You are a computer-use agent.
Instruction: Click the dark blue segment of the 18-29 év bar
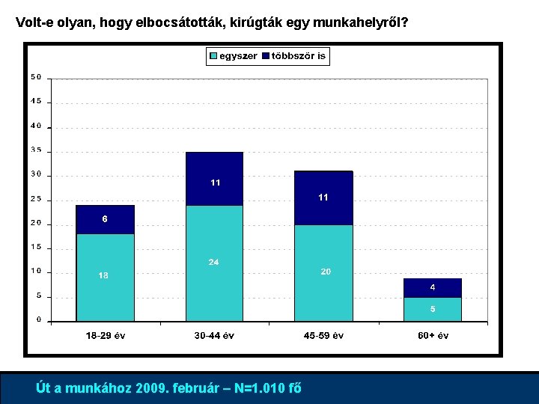pos(105,219)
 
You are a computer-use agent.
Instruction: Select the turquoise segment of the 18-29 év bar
pos(105,278)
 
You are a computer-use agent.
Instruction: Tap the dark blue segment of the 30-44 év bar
pos(214,179)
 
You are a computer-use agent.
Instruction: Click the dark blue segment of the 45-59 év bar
pos(323,198)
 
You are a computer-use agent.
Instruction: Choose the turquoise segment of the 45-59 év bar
pos(323,273)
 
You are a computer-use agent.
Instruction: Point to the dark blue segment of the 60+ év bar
pos(433,288)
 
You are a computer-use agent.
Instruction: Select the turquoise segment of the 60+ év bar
pos(433,309)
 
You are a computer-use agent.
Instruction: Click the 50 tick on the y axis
pos(36,77)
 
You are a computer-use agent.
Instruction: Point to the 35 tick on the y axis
pos(36,150)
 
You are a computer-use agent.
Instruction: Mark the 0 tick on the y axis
pos(38,320)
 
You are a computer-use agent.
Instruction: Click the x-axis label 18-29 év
pos(105,336)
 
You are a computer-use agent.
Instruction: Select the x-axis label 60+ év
pos(433,336)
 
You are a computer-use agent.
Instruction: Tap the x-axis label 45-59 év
pos(323,336)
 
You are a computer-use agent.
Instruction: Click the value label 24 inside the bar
pos(214,262)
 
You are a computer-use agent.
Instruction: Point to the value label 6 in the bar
pos(105,219)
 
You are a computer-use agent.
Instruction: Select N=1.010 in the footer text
pos(262,388)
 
